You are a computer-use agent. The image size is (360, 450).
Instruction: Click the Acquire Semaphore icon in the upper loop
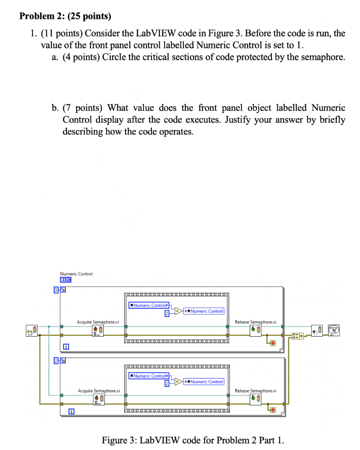coord(98,330)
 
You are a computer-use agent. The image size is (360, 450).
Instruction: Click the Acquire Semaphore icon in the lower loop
coord(98,399)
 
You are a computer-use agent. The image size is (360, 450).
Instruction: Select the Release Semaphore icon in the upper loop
coord(255,330)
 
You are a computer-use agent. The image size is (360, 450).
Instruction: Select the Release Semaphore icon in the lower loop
coord(255,399)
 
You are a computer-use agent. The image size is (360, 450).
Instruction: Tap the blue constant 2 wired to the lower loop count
coord(56,360)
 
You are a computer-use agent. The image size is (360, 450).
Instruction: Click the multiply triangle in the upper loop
coord(178,311)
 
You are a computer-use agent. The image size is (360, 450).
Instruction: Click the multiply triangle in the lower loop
coord(178,381)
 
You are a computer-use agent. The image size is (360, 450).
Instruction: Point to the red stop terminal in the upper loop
coord(273,343)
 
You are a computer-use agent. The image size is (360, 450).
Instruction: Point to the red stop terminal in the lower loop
coord(273,410)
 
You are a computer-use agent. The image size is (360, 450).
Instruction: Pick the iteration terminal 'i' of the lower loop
coord(70,412)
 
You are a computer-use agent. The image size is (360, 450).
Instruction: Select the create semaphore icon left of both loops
coord(32,330)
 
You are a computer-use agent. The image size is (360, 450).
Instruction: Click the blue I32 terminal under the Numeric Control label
coord(66,279)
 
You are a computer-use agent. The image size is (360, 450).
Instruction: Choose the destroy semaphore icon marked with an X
coord(317,330)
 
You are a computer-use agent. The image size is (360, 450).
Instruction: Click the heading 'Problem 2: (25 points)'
coord(65,17)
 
